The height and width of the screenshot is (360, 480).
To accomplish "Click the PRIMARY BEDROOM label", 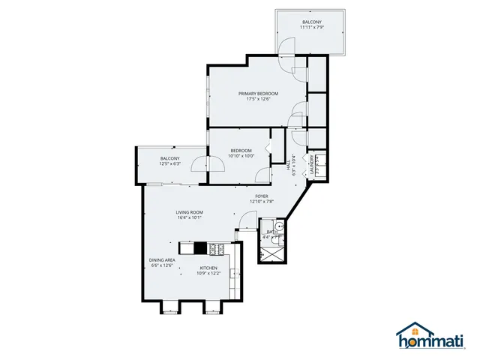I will pos(258,93).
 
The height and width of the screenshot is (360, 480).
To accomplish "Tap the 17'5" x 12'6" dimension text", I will pos(258,99).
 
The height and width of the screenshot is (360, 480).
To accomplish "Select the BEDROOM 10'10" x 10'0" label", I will pos(241,153).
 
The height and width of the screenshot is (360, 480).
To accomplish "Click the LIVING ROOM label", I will pos(190,212).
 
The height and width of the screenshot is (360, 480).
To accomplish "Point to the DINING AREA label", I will pos(162,259).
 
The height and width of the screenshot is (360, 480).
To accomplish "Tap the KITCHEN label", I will pos(208,268).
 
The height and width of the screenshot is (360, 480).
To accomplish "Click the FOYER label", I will pos(261,196).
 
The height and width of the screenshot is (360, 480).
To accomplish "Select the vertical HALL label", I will pos(289,166).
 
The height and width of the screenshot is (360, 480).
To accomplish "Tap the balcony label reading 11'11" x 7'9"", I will pos(312,28).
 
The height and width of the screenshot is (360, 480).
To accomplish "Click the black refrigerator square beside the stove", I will pos(199,247).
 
